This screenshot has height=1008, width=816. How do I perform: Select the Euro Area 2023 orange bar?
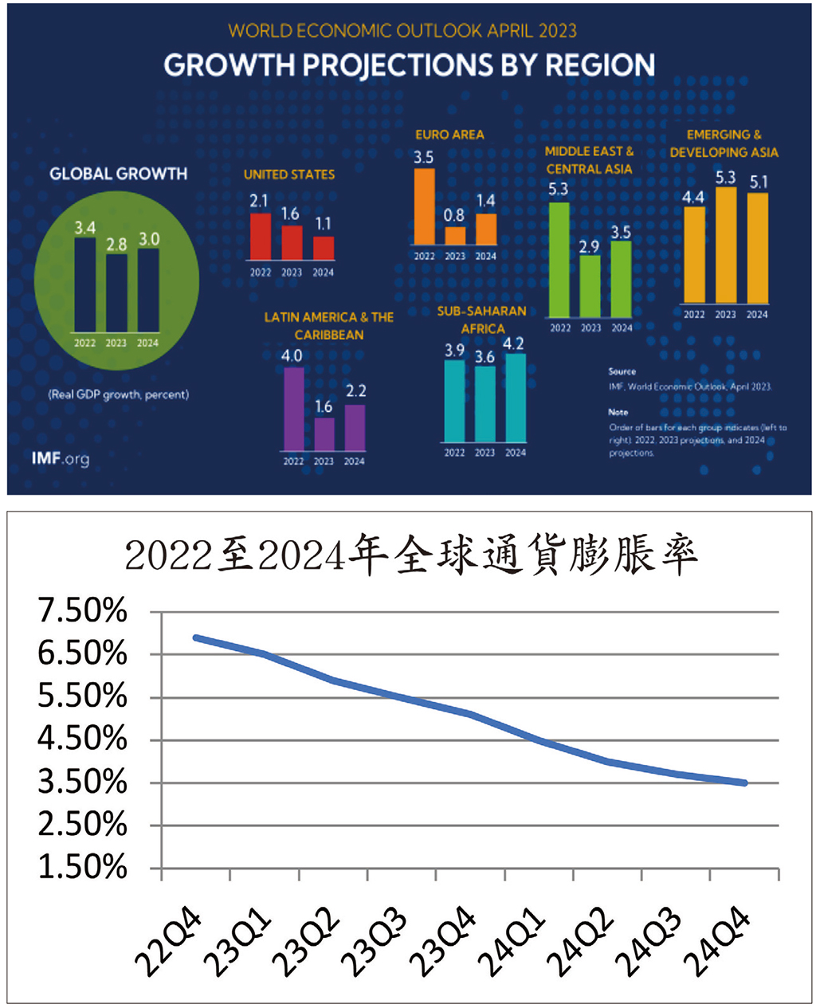pos(455,236)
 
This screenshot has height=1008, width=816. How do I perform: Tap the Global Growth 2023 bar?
pos(116,292)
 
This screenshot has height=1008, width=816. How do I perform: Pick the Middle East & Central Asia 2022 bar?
pos(560,260)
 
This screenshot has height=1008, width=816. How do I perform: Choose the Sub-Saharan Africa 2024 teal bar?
pos(516,397)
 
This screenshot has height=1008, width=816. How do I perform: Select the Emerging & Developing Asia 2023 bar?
pos(725,245)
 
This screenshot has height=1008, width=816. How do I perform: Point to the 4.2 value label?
pos(516,343)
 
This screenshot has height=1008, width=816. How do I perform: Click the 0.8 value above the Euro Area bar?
pos(454,216)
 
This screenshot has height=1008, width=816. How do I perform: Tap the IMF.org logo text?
pos(61,459)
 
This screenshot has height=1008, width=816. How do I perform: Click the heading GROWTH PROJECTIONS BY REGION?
pos(410,65)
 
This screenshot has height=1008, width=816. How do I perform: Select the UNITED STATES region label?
pos(289,175)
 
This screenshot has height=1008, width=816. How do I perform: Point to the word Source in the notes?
pos(622,371)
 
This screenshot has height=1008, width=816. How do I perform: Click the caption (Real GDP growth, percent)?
pos(119,394)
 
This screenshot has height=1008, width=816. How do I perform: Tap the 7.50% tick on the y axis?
pos(83,611)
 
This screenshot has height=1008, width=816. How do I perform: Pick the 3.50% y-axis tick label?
pos(83,782)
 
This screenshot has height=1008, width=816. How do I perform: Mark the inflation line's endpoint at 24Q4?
pos(744,783)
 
